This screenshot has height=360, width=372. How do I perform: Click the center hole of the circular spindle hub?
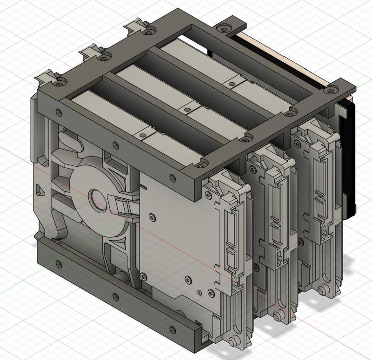[x=96, y=197]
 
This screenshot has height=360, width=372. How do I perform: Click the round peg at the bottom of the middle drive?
[x=278, y=316]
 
